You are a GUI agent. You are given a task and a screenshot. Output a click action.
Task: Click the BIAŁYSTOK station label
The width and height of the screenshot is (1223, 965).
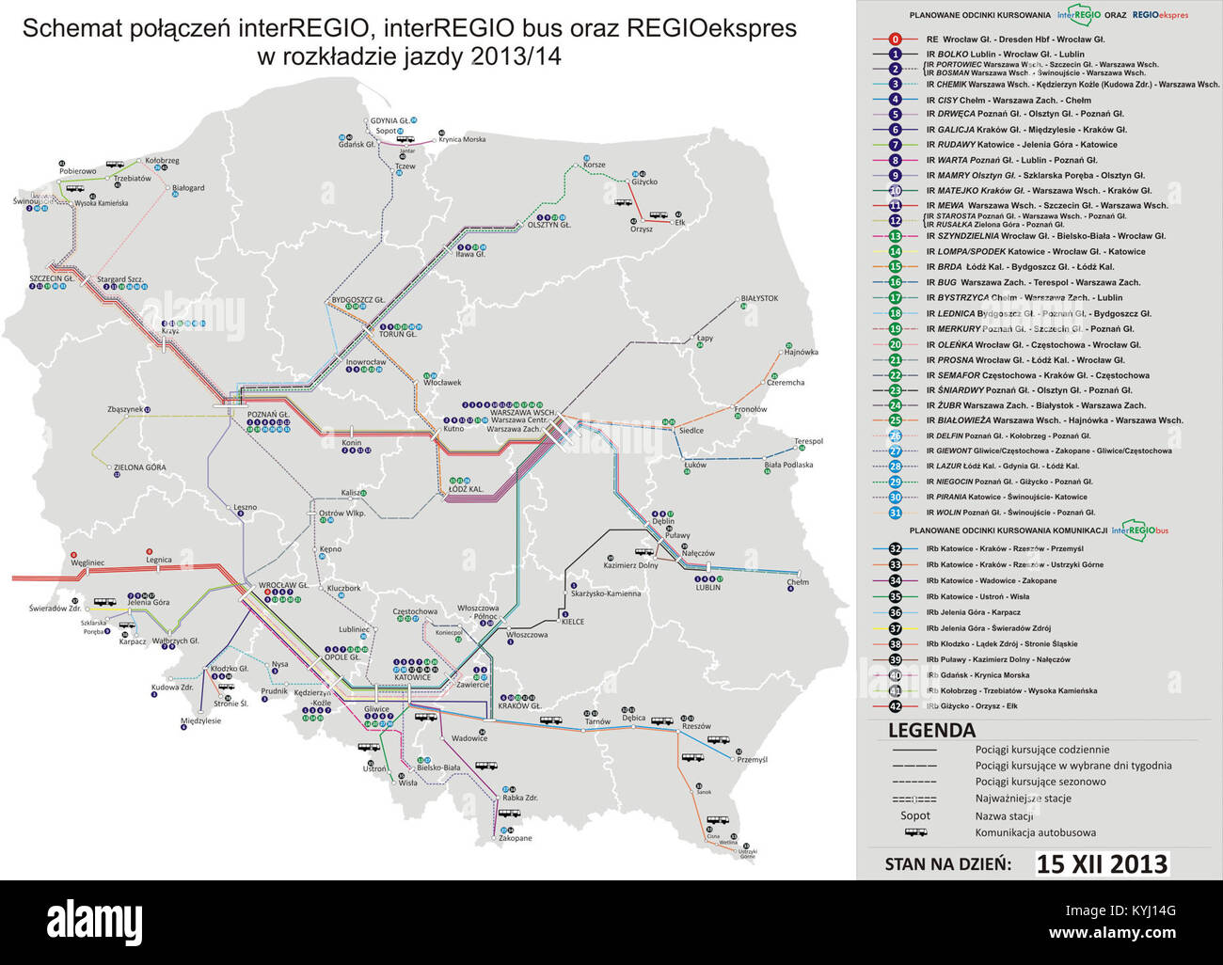pyautogui.click(x=759, y=298)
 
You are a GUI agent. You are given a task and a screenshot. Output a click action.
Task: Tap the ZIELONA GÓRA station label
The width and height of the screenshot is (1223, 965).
pyautogui.click(x=139, y=467)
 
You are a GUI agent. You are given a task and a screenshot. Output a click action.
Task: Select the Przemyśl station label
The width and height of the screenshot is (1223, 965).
pyautogui.click(x=753, y=759)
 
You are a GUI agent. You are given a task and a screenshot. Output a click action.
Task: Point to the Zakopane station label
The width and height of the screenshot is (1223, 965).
pyautogui.click(x=515, y=838)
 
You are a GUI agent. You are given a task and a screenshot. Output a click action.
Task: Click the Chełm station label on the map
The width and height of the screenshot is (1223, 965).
pyautogui.click(x=798, y=582)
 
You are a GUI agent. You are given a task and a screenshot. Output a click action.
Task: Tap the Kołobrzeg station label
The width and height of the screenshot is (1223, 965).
pyautogui.click(x=159, y=161)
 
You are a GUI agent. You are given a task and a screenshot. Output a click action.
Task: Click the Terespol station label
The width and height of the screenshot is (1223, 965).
pyautogui.click(x=808, y=441)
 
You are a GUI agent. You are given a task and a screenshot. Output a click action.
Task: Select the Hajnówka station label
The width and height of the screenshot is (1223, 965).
pyautogui.click(x=800, y=352)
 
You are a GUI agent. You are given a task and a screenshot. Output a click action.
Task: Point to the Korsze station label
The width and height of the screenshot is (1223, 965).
pyautogui.click(x=595, y=165)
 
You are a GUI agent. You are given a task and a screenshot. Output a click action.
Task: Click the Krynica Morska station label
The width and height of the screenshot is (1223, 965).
pyautogui.click(x=462, y=139)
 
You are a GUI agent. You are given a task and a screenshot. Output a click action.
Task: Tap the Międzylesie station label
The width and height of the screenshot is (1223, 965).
pyautogui.click(x=200, y=720)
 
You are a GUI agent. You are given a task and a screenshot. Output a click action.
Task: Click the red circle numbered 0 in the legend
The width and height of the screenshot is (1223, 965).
pyautogui.click(x=896, y=40)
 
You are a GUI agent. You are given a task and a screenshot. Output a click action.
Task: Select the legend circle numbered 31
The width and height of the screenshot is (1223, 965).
pyautogui.click(x=896, y=513)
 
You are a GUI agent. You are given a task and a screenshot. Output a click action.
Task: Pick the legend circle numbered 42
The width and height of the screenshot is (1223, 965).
pyautogui.click(x=896, y=705)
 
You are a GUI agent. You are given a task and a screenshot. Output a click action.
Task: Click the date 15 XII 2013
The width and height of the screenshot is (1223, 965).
pyautogui.click(x=1102, y=863)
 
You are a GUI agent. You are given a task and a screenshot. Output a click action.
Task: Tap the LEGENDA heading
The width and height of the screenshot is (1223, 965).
pyautogui.click(x=931, y=731)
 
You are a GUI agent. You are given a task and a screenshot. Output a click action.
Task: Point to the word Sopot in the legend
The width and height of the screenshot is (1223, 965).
pyautogui.click(x=914, y=815)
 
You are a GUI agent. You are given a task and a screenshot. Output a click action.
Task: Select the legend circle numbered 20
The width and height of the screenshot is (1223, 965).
pyautogui.click(x=896, y=344)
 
